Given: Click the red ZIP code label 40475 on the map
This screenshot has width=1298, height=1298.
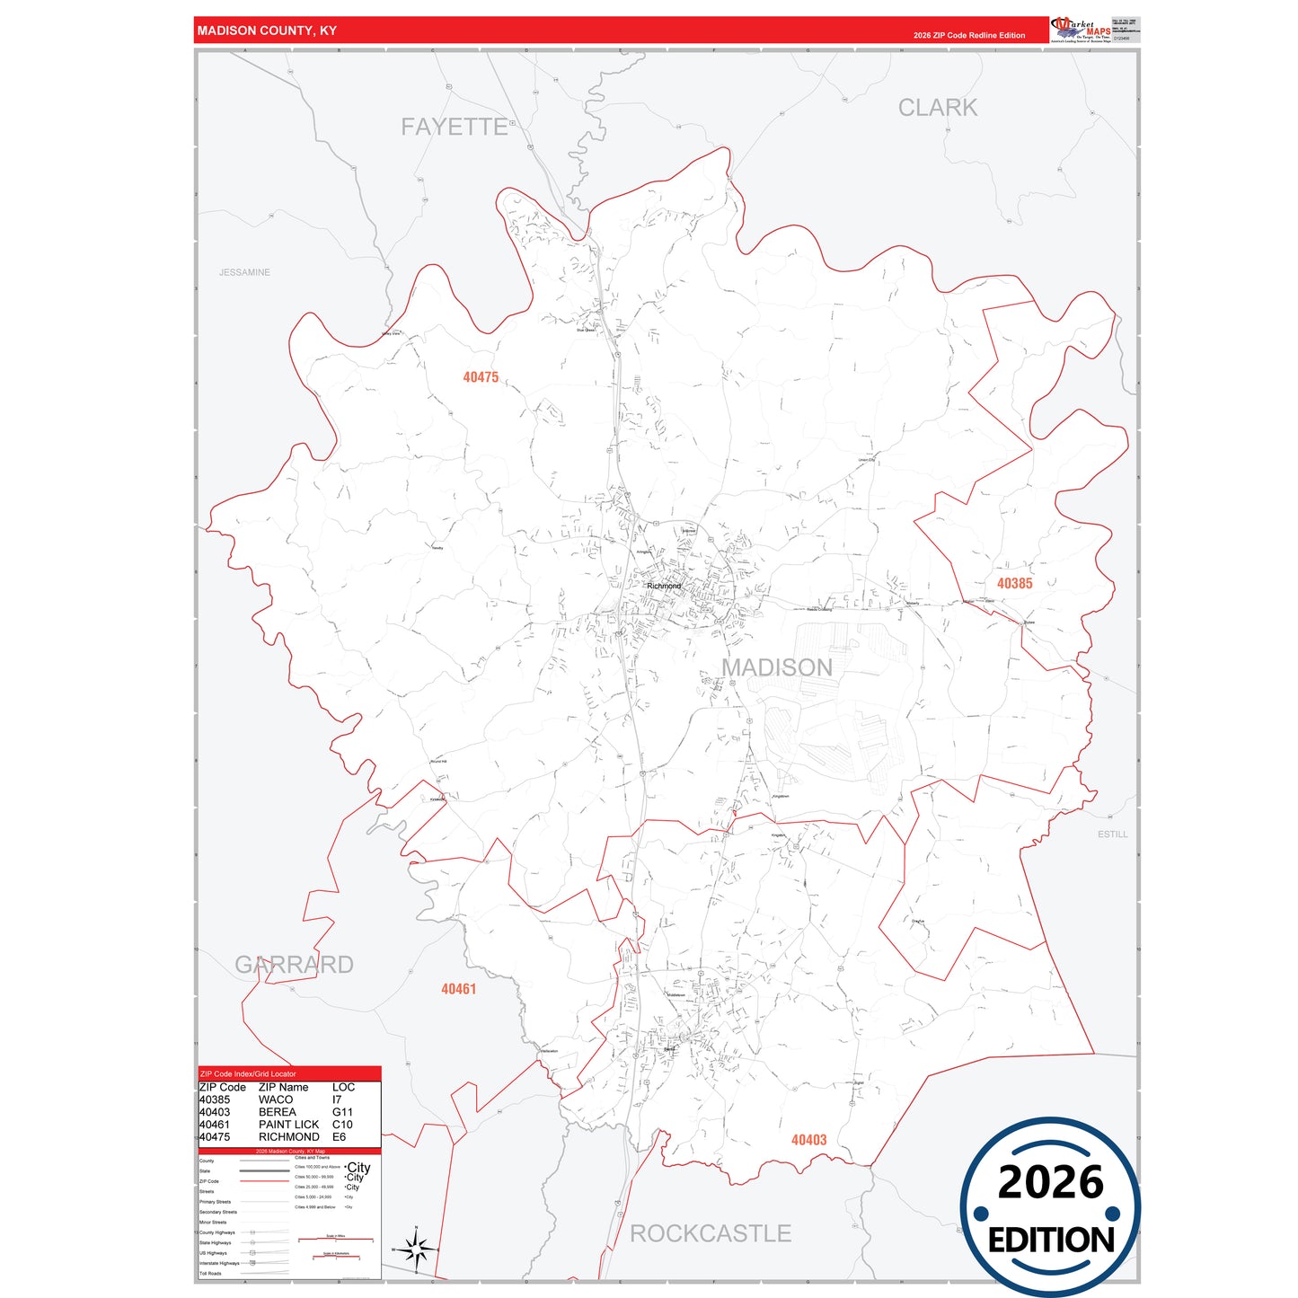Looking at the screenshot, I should click(481, 377).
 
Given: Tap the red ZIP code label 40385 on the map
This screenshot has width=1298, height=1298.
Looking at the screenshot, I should click(1014, 584).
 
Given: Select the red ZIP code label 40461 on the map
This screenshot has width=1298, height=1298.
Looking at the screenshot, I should click(458, 989).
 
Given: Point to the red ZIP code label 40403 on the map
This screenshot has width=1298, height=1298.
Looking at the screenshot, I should click(808, 1140).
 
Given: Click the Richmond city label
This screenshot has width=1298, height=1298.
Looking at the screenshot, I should click(664, 586).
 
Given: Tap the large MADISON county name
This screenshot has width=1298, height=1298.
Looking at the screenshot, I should click(777, 667).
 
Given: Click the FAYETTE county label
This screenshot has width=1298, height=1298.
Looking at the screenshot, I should click(455, 127).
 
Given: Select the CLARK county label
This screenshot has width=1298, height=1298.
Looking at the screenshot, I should click(938, 108).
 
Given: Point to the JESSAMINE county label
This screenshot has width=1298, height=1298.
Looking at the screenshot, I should click(244, 272).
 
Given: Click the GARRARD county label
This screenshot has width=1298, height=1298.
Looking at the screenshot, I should click(294, 965).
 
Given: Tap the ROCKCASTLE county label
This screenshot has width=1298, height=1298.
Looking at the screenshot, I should click(710, 1233).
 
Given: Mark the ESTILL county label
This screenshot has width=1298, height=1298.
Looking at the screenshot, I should click(1112, 834).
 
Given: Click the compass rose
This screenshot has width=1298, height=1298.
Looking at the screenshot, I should click(416, 1249).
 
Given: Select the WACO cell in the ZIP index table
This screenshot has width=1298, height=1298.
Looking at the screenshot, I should click(276, 1099).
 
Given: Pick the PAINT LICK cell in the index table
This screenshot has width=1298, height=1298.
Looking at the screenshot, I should click(288, 1125).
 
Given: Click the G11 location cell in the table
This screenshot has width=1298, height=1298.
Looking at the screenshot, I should click(342, 1112).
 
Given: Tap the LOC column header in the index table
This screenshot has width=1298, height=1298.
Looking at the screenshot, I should click(343, 1087).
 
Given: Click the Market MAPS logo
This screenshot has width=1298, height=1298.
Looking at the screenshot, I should click(1081, 30).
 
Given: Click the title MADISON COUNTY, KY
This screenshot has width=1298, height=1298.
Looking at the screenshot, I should click(267, 31).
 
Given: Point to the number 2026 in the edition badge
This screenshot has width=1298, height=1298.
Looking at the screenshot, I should click(1050, 1182).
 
